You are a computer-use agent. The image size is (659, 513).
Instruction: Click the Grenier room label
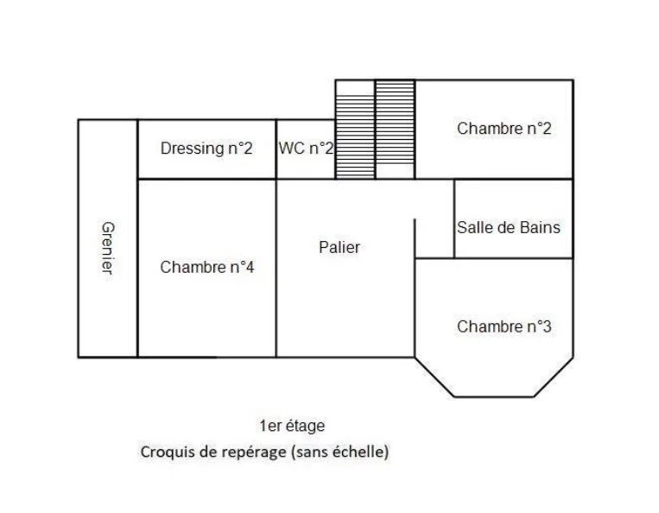[x=108, y=248]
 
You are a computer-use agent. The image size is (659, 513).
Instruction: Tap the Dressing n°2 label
[x=206, y=149]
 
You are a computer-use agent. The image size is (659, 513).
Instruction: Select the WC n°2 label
[x=306, y=149]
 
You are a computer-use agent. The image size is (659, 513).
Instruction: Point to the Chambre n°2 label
[x=504, y=129]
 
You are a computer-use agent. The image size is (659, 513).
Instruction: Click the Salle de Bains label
[x=509, y=228]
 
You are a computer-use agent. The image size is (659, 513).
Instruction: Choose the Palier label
[x=339, y=248]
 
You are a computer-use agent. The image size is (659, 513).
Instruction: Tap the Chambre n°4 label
[x=207, y=267]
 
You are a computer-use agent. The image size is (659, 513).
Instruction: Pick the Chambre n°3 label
[x=504, y=326]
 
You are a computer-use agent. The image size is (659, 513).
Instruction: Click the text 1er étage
[x=292, y=426]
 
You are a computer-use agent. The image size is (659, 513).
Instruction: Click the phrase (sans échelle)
[x=339, y=452]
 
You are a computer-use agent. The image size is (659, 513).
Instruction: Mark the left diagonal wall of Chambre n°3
[x=434, y=377]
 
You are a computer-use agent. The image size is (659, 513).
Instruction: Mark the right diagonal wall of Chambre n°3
[x=554, y=377]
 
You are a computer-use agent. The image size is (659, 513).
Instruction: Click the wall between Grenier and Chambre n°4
[x=137, y=238]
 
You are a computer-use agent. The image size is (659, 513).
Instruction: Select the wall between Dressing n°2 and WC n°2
[x=276, y=149]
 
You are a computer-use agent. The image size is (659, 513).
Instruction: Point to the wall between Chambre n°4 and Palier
[x=276, y=269]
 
